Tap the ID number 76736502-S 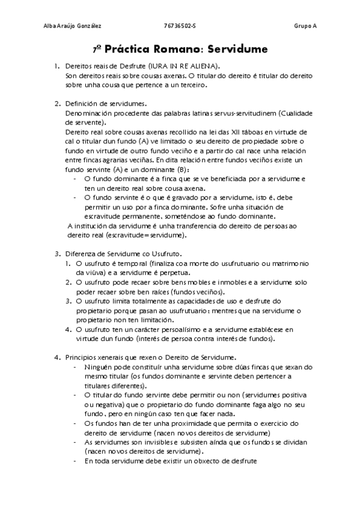pos(180,26)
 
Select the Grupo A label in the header pos(305,26)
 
